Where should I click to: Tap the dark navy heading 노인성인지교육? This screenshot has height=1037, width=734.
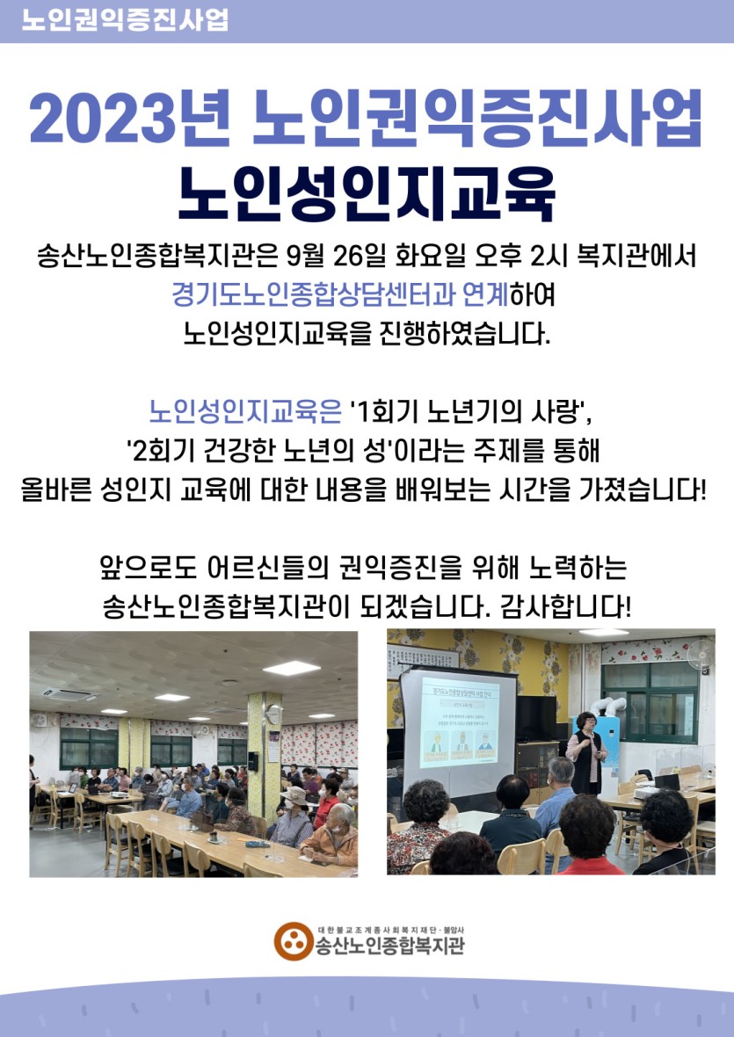[x=367, y=193]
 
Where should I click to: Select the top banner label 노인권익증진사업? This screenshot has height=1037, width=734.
[x=125, y=19]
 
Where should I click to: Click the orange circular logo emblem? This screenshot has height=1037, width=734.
[x=293, y=941]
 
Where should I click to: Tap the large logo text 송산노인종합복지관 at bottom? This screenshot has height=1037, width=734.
[x=389, y=946]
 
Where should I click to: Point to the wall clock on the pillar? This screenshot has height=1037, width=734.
[x=273, y=714]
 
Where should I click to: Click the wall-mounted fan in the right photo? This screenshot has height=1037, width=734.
[x=701, y=654]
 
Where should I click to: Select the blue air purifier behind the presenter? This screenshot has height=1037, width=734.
[x=607, y=742]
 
